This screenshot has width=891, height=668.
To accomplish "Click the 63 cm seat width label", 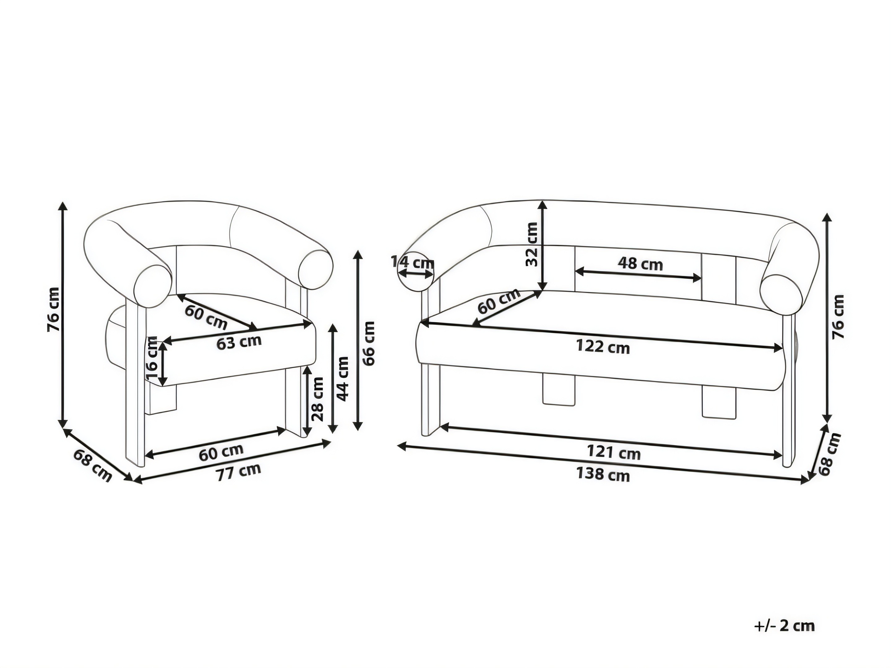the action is (239, 342).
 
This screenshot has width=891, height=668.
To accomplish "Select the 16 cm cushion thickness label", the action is (153, 358).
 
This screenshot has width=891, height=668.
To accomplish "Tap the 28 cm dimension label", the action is (317, 399).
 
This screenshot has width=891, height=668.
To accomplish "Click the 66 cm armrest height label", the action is (368, 343).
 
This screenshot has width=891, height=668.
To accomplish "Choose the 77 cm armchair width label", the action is (239, 472).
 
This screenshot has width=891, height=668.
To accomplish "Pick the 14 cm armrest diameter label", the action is (412, 263).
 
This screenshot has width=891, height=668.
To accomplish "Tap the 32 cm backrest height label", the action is (532, 244).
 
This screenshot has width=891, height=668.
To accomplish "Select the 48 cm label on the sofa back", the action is (640, 264).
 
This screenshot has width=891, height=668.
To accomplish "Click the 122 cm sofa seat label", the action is (603, 346).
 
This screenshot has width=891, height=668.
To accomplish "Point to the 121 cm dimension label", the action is (613, 452).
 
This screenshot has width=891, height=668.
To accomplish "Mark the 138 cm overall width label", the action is (603, 474).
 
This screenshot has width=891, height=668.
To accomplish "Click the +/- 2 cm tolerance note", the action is (784, 626).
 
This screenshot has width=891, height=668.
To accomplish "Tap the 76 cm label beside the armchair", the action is (54, 309).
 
